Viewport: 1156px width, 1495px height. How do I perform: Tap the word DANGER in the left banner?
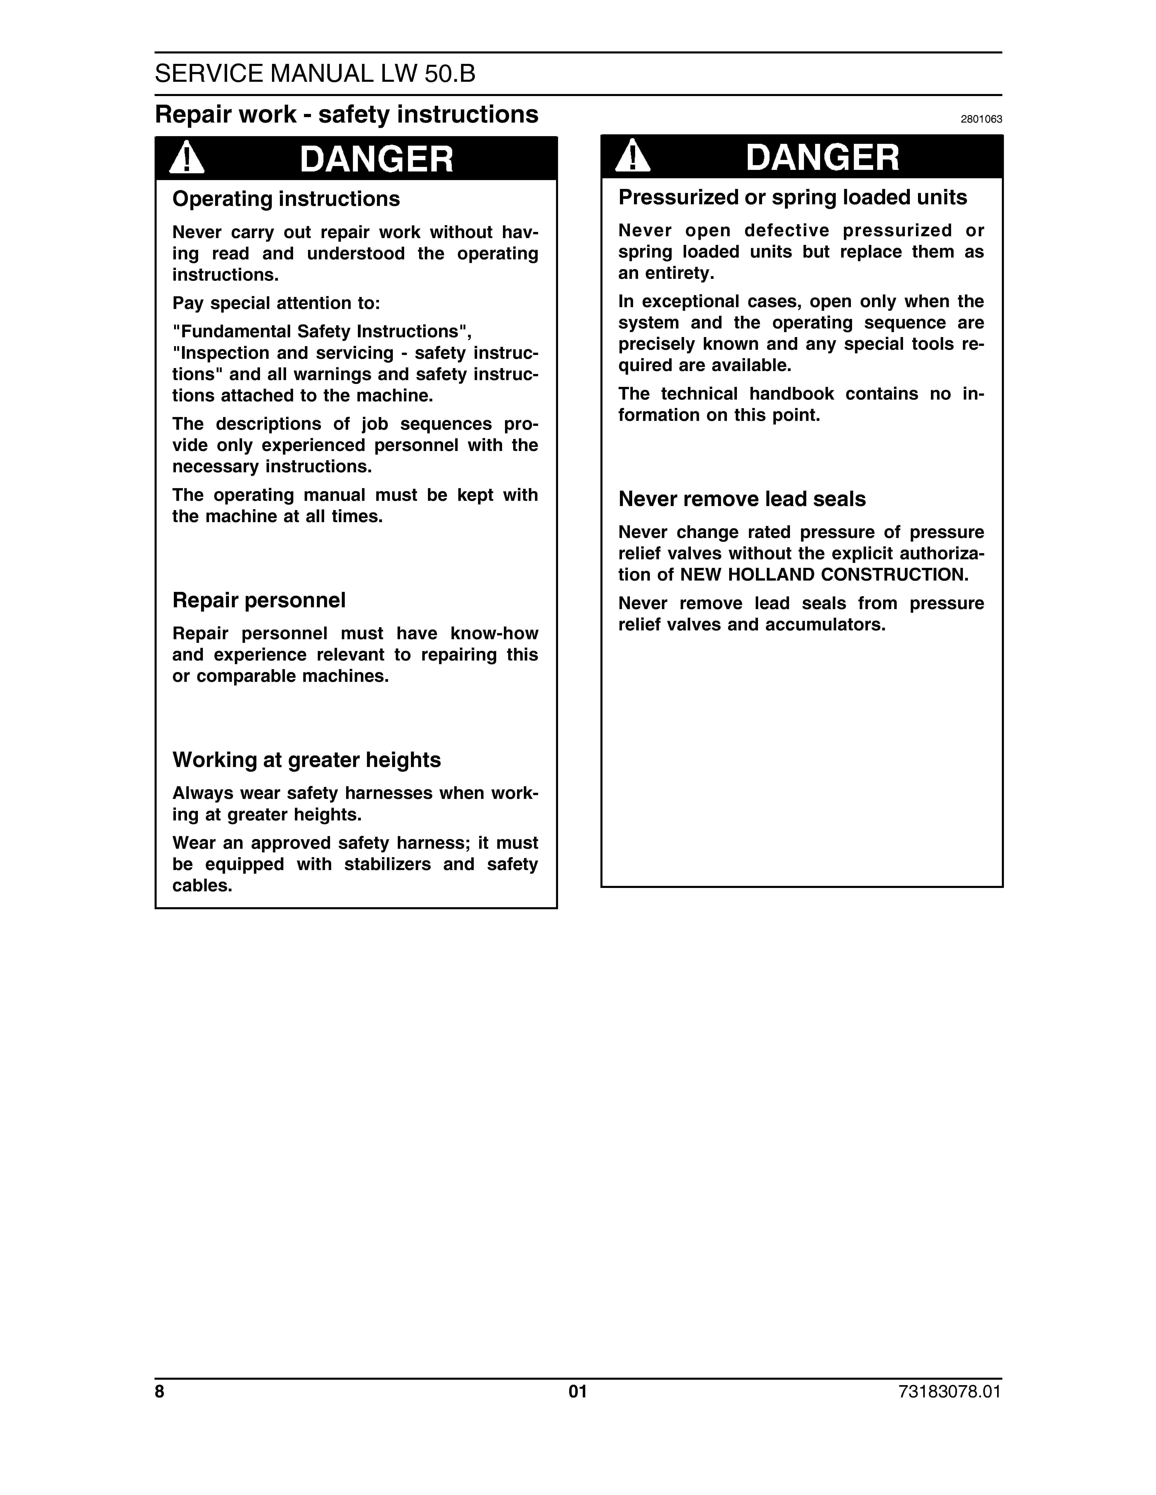click(x=377, y=159)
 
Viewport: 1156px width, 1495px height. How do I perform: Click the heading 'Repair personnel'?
click(x=259, y=600)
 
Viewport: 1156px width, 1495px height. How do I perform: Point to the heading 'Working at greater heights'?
click(x=306, y=760)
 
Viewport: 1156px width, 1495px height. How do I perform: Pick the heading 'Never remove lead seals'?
click(x=742, y=499)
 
